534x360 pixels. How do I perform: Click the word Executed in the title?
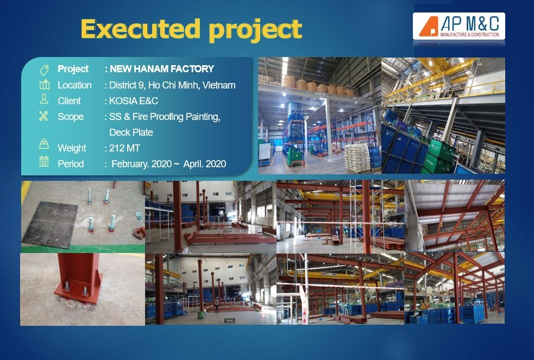point(141,29)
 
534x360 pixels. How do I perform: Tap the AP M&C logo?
point(459,26)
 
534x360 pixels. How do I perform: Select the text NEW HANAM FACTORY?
point(162,69)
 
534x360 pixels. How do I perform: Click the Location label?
point(74,85)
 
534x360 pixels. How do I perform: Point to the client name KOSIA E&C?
point(134,101)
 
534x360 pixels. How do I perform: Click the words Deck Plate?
point(131,132)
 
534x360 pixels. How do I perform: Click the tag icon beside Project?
point(44,70)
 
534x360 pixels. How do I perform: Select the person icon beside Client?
point(44,99)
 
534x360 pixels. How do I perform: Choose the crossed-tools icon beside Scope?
point(44,116)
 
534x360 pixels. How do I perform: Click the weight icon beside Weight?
point(44,145)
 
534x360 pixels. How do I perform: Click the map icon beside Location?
point(44,85)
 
